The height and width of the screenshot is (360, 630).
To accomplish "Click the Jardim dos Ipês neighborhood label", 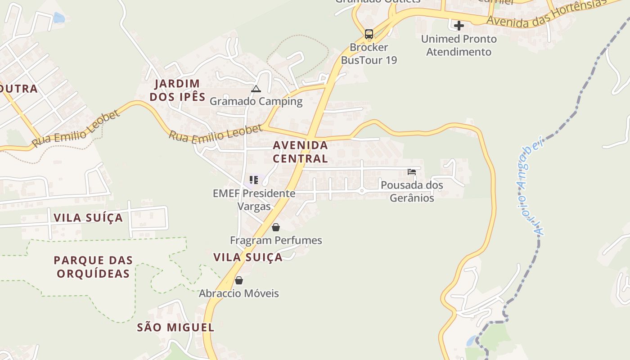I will tap(177, 90).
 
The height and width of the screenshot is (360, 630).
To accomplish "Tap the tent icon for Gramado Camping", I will tap(256, 89).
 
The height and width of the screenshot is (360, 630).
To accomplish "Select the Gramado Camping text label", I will tap(256, 101).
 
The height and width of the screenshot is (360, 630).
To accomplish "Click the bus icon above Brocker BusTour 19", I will tap(369, 34).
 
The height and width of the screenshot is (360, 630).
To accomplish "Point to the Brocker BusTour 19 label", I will tap(369, 54).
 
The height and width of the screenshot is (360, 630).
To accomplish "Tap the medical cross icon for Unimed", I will tap(459, 25).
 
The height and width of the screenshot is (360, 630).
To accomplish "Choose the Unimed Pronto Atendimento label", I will tap(459, 45).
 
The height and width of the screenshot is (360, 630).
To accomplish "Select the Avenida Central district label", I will tap(300, 152).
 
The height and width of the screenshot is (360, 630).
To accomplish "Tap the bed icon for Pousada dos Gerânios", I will tap(411, 171).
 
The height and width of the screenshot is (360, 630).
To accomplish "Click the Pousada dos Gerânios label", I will tap(412, 191).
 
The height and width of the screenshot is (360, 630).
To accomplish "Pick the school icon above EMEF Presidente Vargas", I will tap(254, 180).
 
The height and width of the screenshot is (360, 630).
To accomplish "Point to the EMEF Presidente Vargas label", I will tap(254, 200).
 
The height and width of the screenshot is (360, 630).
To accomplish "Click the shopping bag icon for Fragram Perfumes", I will tap(276, 227).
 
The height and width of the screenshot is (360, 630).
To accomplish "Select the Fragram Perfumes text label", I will tap(276, 240).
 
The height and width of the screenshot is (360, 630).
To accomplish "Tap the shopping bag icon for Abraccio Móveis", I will tap(239, 280).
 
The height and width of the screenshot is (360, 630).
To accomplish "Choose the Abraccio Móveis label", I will tap(239, 293).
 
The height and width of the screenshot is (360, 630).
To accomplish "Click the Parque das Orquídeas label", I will tap(93, 267).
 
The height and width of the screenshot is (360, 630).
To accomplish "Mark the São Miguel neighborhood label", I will tap(175, 327).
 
